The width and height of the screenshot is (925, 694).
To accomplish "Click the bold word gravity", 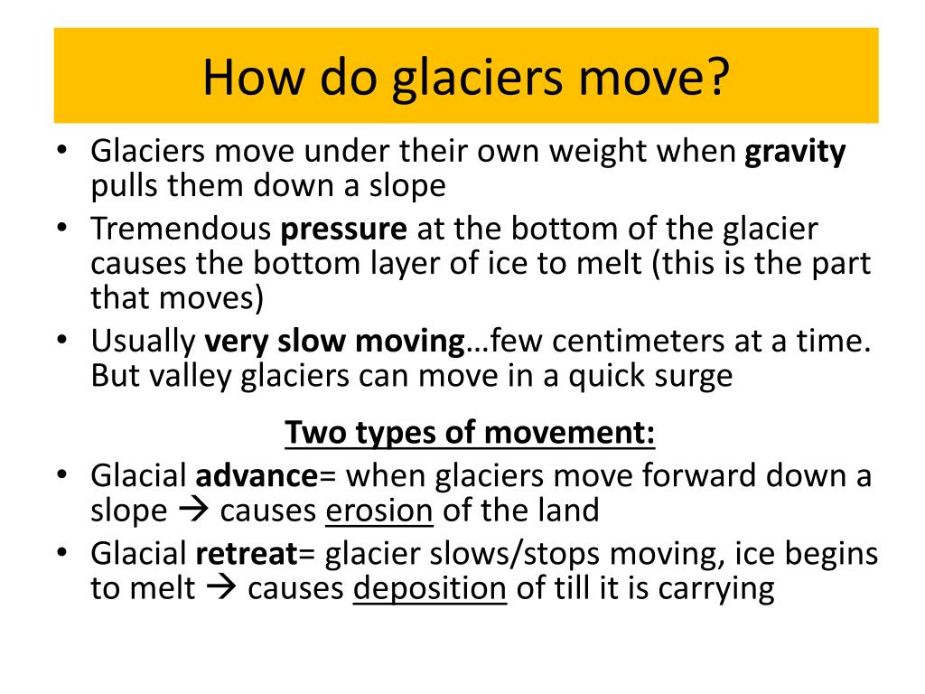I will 795,152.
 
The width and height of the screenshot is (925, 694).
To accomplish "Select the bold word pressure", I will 344,230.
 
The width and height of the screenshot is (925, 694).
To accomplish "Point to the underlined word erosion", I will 379,511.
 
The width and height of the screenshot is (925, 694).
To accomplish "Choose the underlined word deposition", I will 429,588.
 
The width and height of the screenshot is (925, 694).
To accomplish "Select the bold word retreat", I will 248,554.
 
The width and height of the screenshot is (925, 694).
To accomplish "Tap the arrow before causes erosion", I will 193,511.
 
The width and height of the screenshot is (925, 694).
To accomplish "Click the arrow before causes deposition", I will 220,588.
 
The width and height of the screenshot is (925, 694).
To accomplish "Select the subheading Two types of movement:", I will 470,434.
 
